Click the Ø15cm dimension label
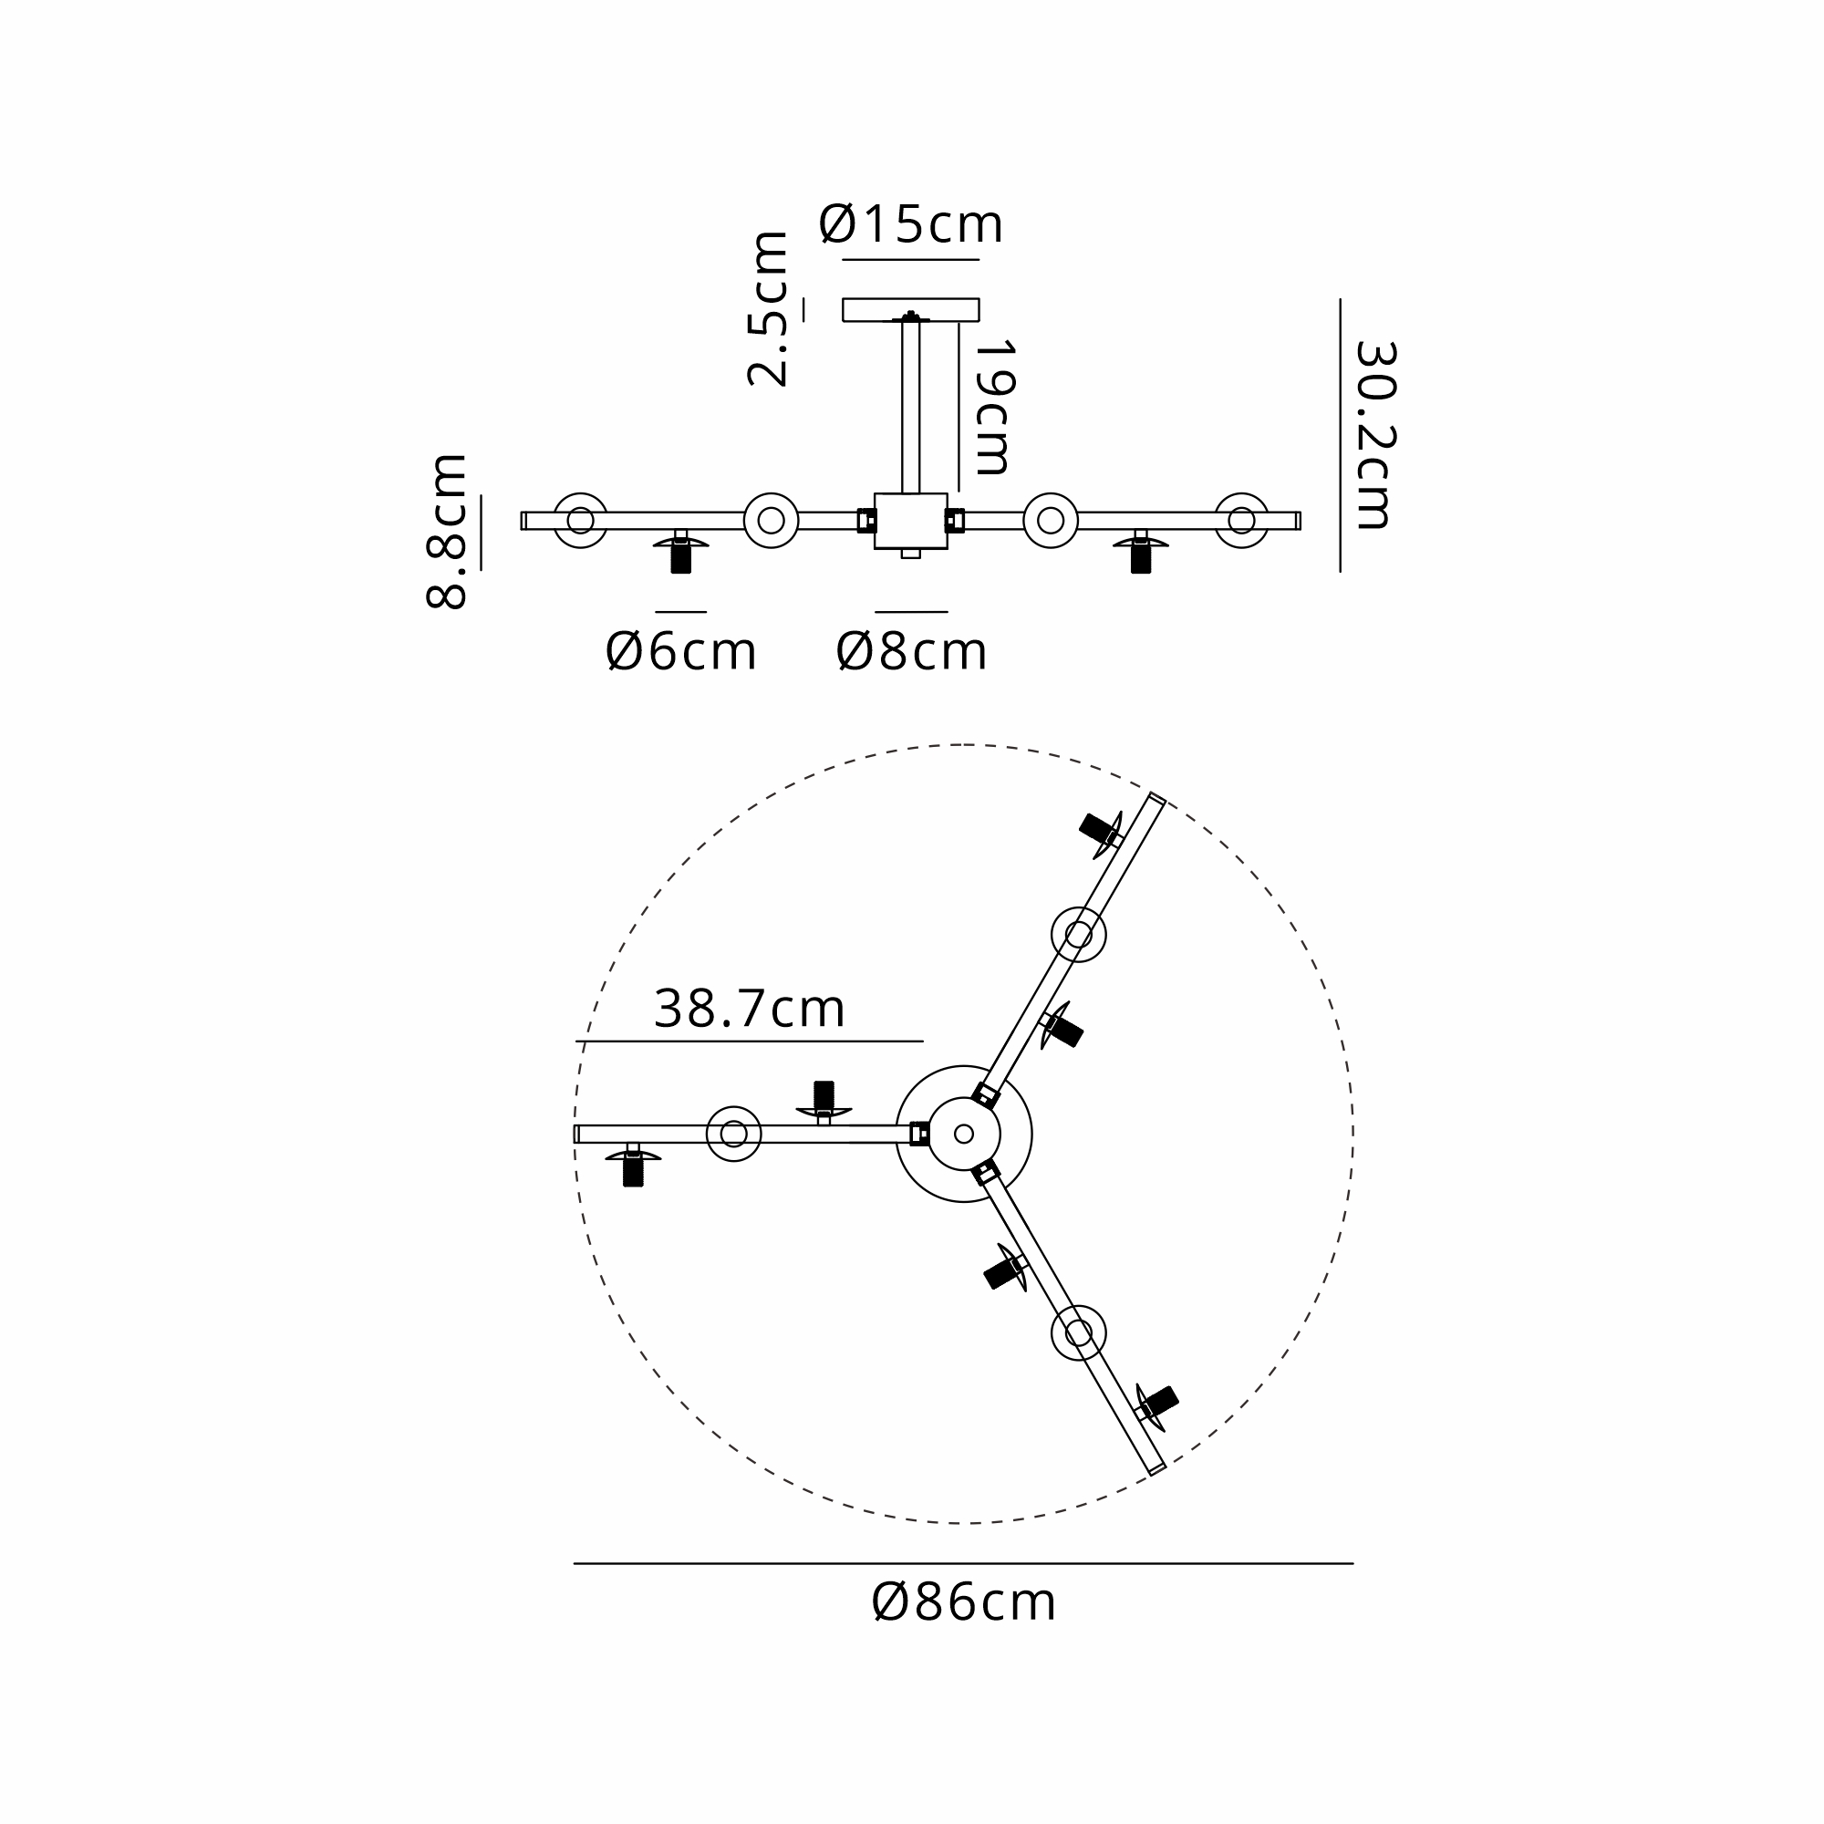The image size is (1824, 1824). coord(910,223)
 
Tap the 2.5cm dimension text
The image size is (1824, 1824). coord(767,309)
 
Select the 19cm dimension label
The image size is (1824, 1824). coord(993,407)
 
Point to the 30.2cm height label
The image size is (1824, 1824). coord(1374,435)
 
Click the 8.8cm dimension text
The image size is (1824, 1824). coord(446,532)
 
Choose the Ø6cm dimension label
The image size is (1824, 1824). coord(680,651)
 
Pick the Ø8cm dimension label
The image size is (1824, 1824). coord(911,651)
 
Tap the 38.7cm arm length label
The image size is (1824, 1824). coord(749,1010)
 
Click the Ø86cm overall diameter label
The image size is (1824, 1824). coord(963,1602)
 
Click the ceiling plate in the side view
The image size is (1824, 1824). coord(910,310)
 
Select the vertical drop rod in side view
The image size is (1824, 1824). coord(910,407)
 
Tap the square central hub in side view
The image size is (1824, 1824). coord(910,520)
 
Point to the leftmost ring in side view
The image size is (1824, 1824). coord(580,520)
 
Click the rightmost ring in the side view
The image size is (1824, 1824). coord(1241,520)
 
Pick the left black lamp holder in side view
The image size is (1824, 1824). coord(680,558)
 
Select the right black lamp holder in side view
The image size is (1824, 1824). coord(1142,558)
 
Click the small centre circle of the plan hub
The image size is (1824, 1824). coord(964,1134)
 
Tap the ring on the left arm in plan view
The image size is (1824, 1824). coord(733,1134)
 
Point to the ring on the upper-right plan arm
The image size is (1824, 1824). coord(1078,935)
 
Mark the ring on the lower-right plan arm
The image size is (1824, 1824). coord(1078,1333)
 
